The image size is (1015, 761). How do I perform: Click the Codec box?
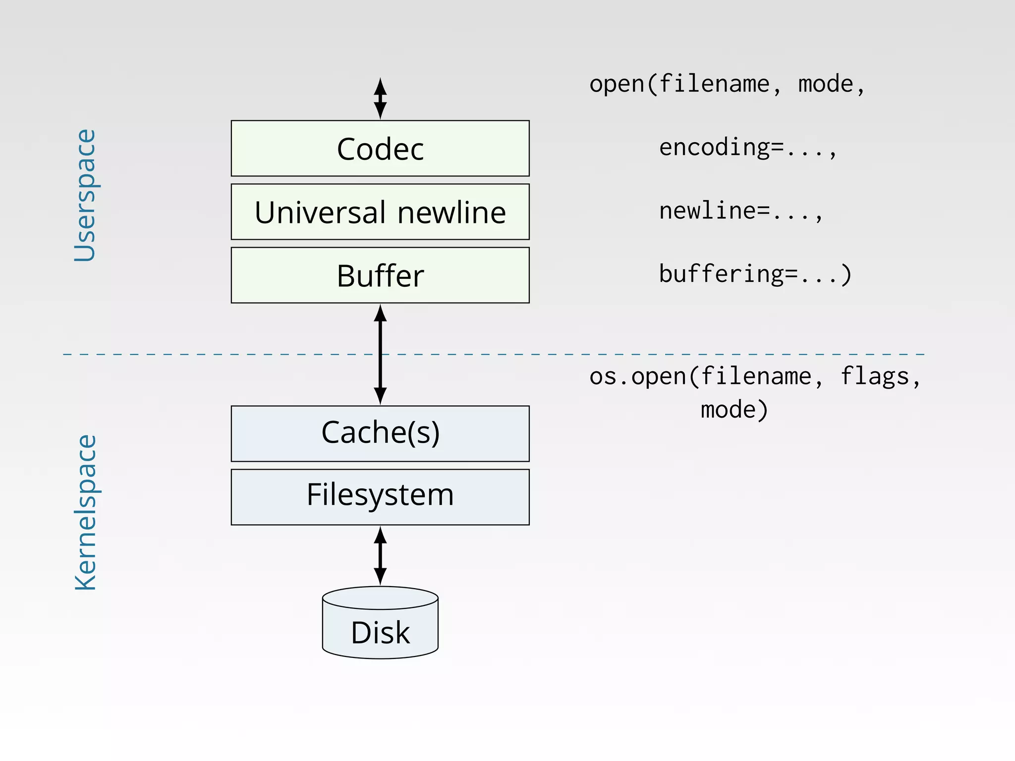pyautogui.click(x=380, y=149)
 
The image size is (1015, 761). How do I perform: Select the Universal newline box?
pyautogui.click(x=380, y=212)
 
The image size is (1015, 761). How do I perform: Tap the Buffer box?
pyautogui.click(x=380, y=275)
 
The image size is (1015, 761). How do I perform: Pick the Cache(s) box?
pyautogui.click(x=380, y=433)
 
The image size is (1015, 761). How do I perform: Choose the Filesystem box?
pyautogui.click(x=380, y=496)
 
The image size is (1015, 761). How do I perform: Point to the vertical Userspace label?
pyautogui.click(x=85, y=195)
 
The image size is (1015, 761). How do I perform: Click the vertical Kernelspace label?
pyautogui.click(x=85, y=512)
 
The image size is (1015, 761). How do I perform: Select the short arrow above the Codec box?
pyautogui.click(x=380, y=98)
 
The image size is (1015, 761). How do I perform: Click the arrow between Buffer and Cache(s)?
pyautogui.click(x=380, y=355)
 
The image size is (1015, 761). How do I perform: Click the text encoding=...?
pyautogui.click(x=747, y=148)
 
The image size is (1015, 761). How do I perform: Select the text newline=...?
pyautogui.click(x=740, y=211)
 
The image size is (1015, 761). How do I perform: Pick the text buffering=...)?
pyautogui.click(x=754, y=274)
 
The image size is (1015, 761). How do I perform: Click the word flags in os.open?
pyautogui.click(x=875, y=377)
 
